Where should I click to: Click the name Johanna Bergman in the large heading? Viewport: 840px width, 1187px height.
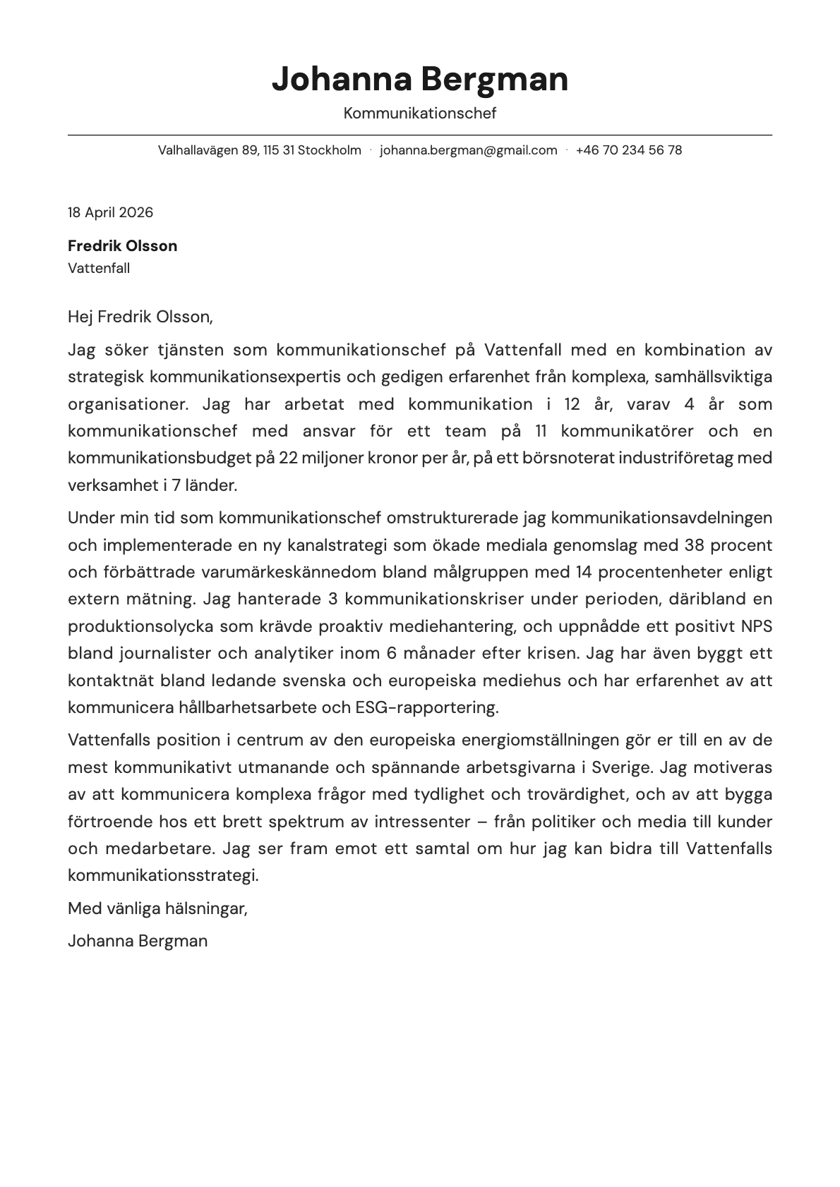coord(420,79)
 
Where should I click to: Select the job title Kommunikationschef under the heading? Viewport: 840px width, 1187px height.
coord(420,113)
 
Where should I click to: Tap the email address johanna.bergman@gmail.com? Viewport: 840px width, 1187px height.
coord(468,150)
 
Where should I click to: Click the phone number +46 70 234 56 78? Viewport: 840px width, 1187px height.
coord(628,150)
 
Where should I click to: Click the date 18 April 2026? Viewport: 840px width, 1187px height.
coord(110,212)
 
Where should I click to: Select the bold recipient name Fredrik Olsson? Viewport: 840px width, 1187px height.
coord(122,246)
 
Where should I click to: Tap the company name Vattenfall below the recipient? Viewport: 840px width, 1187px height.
coord(99,268)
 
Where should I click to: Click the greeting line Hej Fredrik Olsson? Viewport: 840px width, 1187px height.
coord(140,317)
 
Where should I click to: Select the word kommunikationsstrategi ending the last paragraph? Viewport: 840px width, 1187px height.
coord(162,875)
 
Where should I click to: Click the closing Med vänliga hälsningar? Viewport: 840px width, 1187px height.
coord(157,908)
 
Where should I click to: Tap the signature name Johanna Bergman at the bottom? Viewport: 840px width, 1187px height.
coord(138,941)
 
